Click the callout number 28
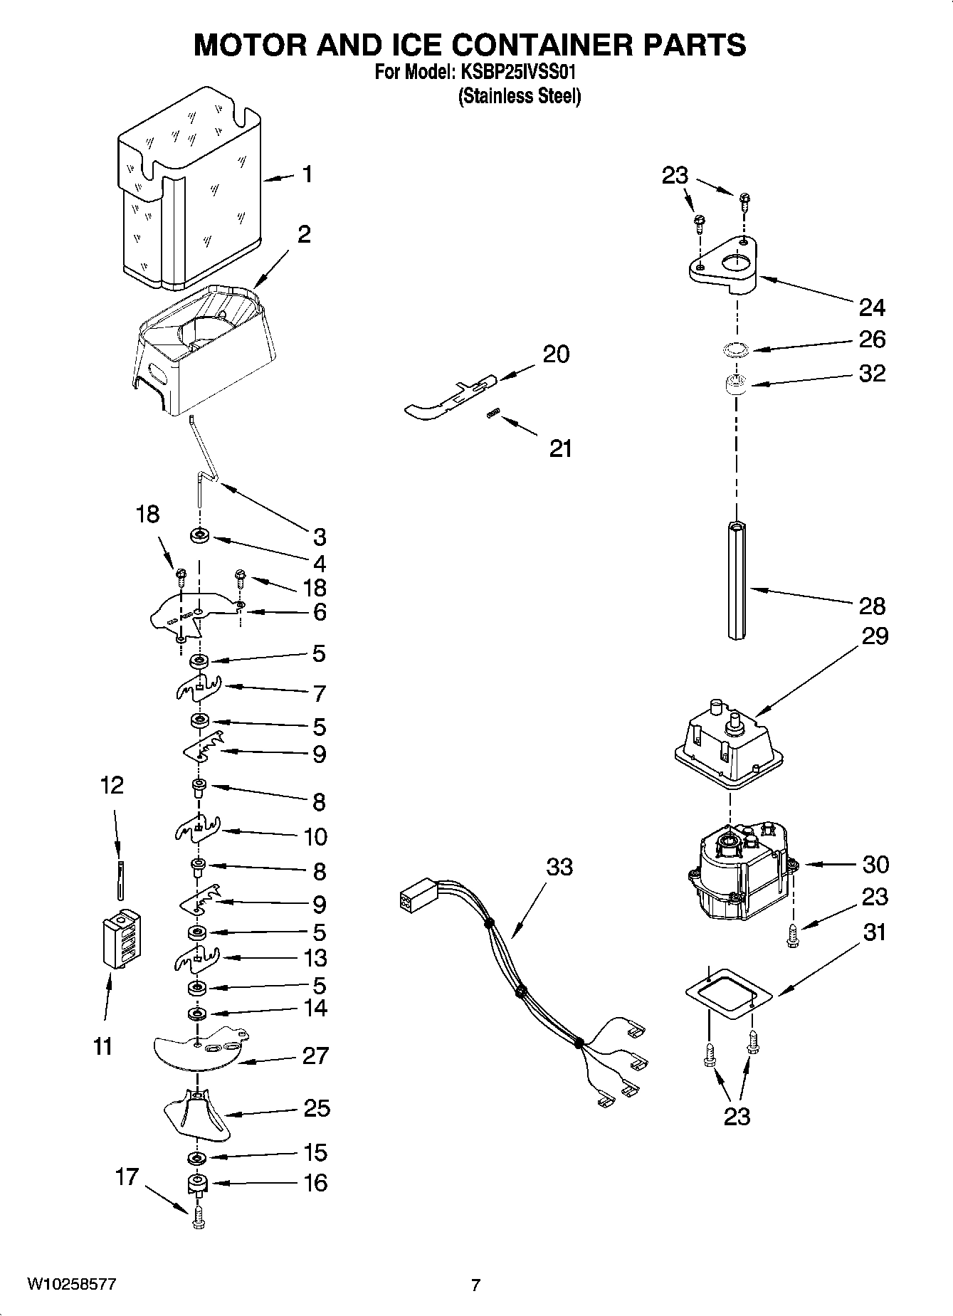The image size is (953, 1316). (x=872, y=606)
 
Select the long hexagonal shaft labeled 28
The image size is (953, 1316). (x=737, y=580)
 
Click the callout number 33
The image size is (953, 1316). (x=559, y=868)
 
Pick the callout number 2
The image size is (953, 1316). (x=304, y=234)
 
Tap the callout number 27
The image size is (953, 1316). (x=315, y=1056)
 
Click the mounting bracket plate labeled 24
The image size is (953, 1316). (x=722, y=267)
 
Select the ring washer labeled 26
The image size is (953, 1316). (x=735, y=349)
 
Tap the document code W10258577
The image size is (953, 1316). (x=72, y=1285)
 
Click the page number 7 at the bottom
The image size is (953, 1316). (x=475, y=1285)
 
